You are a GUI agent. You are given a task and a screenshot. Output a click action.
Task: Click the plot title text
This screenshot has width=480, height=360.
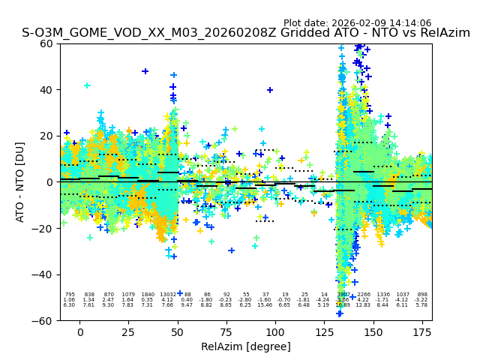tap(246, 34)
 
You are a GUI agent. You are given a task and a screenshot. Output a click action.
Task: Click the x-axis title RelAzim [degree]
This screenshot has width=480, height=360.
tap(246, 346)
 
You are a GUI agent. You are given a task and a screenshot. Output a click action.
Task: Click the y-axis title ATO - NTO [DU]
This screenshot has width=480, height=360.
tap(20, 181)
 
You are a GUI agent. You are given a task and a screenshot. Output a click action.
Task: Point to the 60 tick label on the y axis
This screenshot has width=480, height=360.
tap(46, 43)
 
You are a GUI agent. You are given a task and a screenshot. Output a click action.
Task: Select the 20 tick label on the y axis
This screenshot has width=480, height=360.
tap(46, 136)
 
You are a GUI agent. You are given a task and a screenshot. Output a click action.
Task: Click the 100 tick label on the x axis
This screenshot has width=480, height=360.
tap(275, 332)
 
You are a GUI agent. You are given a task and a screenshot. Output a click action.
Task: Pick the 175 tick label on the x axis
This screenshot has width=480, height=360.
tap(421, 332)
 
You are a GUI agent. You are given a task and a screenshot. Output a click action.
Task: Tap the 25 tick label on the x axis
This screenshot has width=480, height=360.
tap(129, 332)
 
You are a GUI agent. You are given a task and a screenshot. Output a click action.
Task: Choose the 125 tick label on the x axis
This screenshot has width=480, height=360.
tap(324, 332)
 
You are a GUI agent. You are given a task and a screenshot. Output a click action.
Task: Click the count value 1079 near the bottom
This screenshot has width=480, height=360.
tap(127, 295)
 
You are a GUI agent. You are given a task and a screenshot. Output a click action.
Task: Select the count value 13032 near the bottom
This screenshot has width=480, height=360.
tap(167, 295)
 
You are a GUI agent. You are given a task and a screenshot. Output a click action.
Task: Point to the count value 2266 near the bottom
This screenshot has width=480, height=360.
tap(364, 295)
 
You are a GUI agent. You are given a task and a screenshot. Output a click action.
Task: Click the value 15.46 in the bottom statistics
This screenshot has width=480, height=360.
tap(265, 305)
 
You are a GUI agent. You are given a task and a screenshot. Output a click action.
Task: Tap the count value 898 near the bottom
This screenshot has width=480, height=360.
tap(422, 295)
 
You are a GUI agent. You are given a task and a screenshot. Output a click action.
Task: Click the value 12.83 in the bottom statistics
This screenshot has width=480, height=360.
tap(364, 305)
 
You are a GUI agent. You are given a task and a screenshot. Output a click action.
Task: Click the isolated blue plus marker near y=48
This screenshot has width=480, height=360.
tap(145, 71)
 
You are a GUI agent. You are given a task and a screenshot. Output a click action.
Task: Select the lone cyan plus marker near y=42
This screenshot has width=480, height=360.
tap(87, 85)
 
